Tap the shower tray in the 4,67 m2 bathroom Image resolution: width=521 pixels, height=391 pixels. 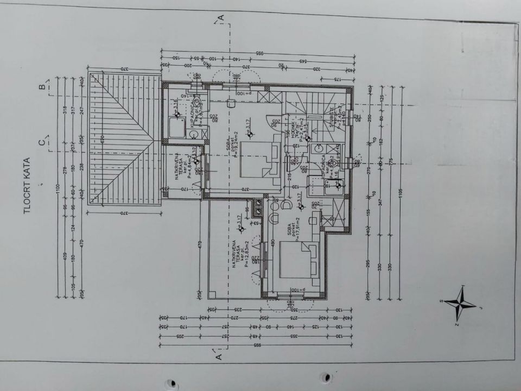coord(176,129)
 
